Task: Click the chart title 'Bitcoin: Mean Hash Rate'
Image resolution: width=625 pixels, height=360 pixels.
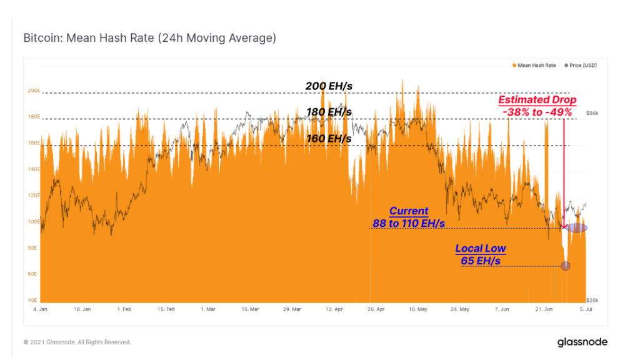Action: click(149, 38)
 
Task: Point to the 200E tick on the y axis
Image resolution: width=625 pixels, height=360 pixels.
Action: click(34, 91)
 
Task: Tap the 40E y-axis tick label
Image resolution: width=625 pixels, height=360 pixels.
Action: click(34, 301)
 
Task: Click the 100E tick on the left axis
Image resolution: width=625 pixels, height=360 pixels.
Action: click(34, 222)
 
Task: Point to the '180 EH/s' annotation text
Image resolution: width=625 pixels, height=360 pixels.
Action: click(329, 112)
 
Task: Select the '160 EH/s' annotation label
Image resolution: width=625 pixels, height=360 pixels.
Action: click(329, 138)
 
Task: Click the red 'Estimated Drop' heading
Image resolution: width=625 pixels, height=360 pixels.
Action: click(537, 100)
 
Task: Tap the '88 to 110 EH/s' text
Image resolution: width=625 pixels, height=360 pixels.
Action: click(409, 223)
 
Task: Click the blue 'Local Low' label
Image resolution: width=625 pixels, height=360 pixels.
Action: click(480, 248)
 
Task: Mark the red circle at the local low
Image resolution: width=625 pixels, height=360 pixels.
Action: click(566, 266)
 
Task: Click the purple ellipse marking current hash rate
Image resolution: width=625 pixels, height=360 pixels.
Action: click(576, 227)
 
